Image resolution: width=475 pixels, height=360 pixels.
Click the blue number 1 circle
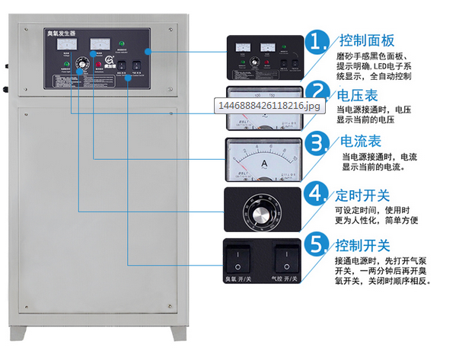point(317,41)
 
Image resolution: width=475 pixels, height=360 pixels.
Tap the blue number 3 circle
point(317,144)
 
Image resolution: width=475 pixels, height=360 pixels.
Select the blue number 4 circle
point(317,193)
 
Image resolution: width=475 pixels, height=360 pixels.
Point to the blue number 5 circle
point(317,245)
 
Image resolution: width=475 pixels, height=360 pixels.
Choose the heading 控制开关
point(363,246)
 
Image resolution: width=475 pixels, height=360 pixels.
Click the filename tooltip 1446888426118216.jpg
point(269,107)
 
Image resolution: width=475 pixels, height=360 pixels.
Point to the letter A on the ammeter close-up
point(264,162)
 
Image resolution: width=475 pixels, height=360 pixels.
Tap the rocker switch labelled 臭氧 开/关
point(241,256)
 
